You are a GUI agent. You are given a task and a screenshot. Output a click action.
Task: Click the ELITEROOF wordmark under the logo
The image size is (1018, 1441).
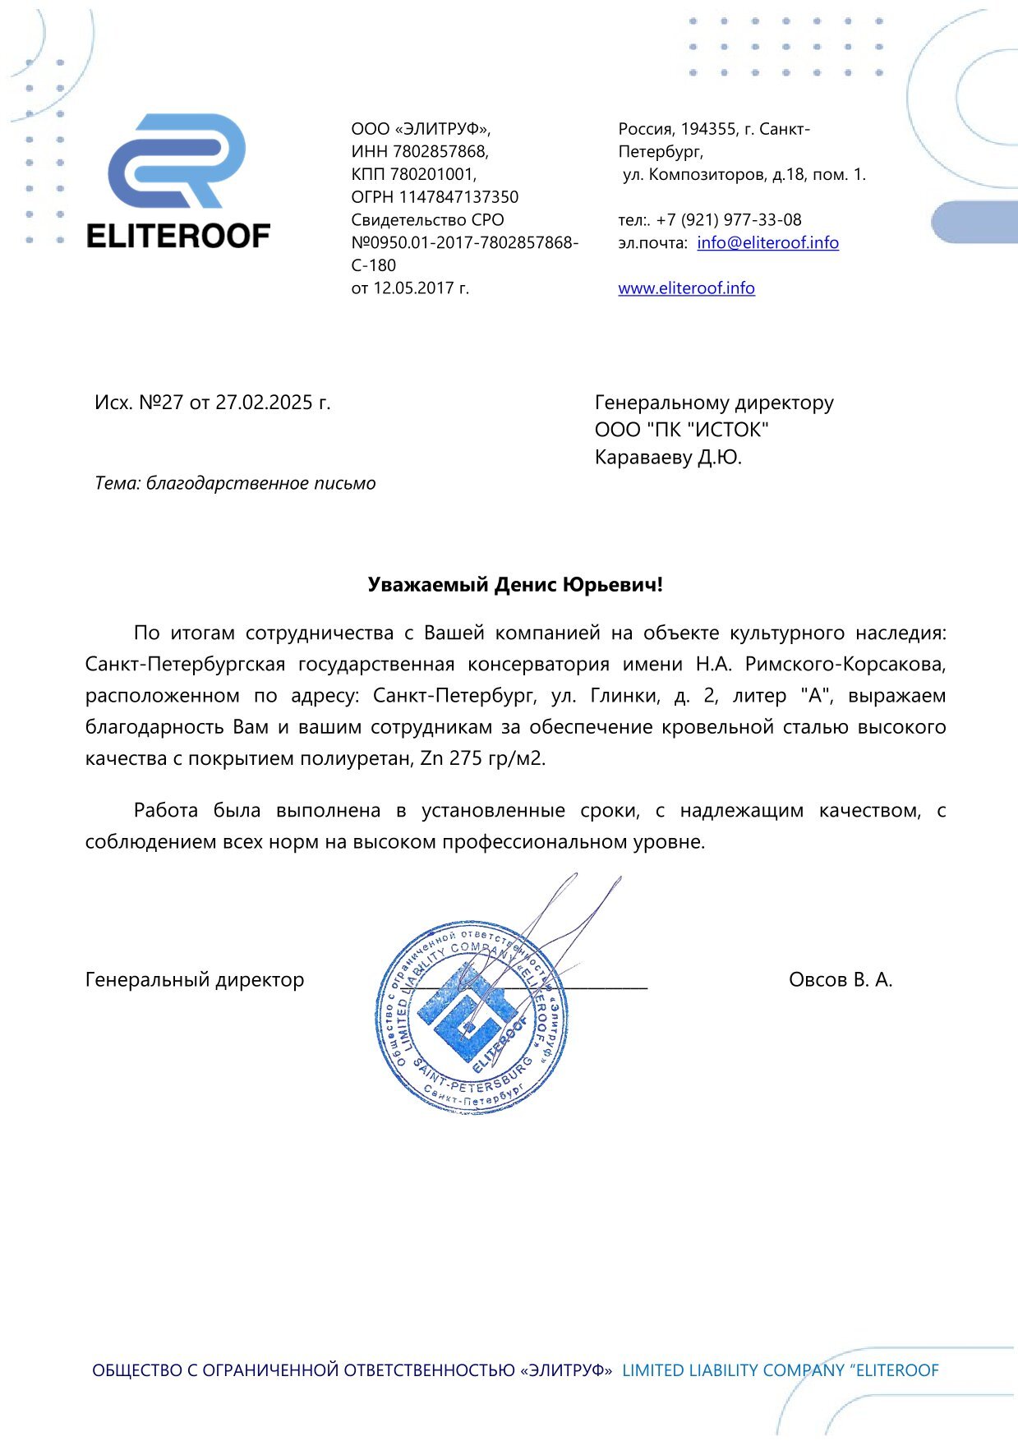point(178,237)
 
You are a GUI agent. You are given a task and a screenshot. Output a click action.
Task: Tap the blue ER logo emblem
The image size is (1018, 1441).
point(177,161)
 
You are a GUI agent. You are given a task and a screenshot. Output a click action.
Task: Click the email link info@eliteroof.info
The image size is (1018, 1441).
point(767,242)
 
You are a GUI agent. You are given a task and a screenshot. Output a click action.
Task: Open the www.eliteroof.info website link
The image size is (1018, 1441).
point(686,288)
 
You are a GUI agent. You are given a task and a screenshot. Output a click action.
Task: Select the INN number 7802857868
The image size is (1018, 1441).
point(440,152)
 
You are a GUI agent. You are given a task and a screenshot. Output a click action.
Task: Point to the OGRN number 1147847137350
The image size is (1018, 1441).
point(458,197)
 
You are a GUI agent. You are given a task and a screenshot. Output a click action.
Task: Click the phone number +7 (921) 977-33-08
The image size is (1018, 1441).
point(729,220)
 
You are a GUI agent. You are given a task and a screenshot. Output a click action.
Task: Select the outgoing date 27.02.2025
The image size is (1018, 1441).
point(263,403)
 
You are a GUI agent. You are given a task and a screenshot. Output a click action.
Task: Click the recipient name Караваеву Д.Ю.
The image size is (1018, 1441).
point(668,458)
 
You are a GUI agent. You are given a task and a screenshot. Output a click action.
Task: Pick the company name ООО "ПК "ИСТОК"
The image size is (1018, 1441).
point(682,430)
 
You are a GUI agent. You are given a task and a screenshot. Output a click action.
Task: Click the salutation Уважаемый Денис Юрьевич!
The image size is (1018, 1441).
point(515,585)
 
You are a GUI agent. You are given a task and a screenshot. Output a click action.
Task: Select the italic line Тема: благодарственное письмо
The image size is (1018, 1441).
point(235,483)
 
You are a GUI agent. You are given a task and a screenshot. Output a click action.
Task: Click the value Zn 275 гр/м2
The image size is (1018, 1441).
point(482,758)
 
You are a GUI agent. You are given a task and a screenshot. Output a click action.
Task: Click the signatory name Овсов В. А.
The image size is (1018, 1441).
point(841,979)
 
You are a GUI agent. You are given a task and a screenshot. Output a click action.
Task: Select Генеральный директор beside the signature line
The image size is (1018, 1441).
point(195,979)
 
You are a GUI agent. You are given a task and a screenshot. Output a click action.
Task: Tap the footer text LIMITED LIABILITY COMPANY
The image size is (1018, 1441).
point(733,1370)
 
